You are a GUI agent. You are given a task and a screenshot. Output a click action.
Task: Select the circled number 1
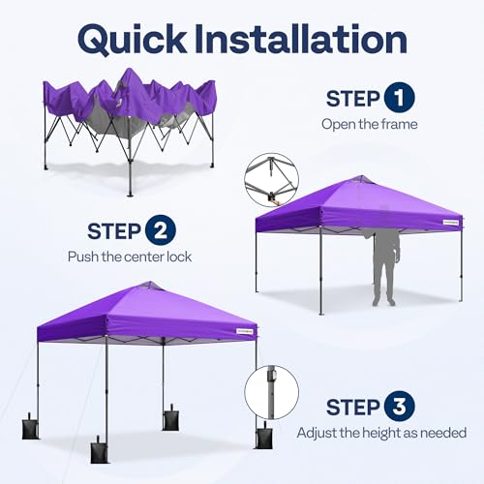tap(396, 100)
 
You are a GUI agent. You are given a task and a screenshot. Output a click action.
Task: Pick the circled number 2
tap(159, 231)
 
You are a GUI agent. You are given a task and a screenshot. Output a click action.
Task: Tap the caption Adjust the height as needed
tap(381, 433)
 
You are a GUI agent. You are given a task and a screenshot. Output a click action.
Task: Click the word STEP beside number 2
tap(114, 231)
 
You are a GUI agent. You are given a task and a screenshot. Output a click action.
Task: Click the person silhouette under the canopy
tap(384, 265)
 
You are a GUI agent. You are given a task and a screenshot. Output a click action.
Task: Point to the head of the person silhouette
tap(386, 234)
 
